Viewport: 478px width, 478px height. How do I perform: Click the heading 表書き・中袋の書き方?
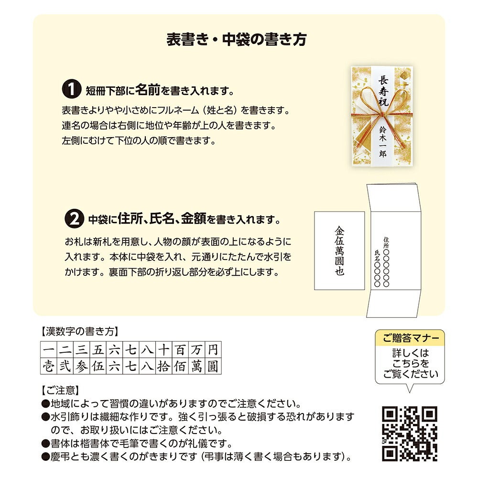coord(237,40)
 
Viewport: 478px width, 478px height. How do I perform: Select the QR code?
coord(410,434)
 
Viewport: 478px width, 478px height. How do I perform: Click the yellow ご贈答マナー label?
coord(410,338)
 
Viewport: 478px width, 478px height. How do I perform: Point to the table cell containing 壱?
coord(48,366)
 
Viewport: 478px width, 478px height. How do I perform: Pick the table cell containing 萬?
coord(196,366)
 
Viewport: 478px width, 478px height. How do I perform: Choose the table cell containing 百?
coord(180,350)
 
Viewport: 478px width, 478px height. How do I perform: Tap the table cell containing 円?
coord(213,350)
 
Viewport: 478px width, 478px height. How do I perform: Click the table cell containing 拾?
coord(163,366)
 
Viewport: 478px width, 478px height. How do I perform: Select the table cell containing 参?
coord(81,366)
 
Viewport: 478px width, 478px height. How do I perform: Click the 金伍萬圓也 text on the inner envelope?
coord(339,250)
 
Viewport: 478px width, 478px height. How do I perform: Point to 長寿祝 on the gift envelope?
coord(383,90)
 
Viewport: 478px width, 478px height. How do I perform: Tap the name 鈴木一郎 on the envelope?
coord(383,142)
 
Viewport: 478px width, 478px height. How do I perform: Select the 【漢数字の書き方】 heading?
coord(79,331)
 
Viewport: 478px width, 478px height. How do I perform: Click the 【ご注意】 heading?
coord(60,390)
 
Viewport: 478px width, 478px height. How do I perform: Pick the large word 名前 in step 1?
coord(147,89)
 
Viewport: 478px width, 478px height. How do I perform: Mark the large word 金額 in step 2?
coord(194,218)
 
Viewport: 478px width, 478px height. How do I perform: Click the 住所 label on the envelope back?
coord(386,243)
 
